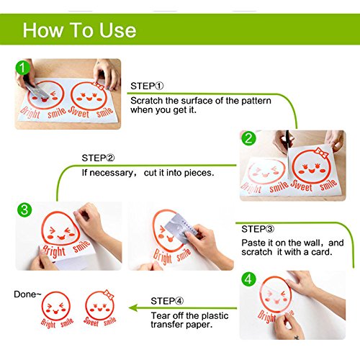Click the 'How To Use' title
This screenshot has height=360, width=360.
tap(79, 30)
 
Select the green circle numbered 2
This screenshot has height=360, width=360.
tap(248, 138)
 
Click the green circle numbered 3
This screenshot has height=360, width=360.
tap(24, 210)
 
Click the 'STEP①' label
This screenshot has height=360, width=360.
tap(147, 86)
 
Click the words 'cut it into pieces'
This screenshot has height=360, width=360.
tap(179, 173)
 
